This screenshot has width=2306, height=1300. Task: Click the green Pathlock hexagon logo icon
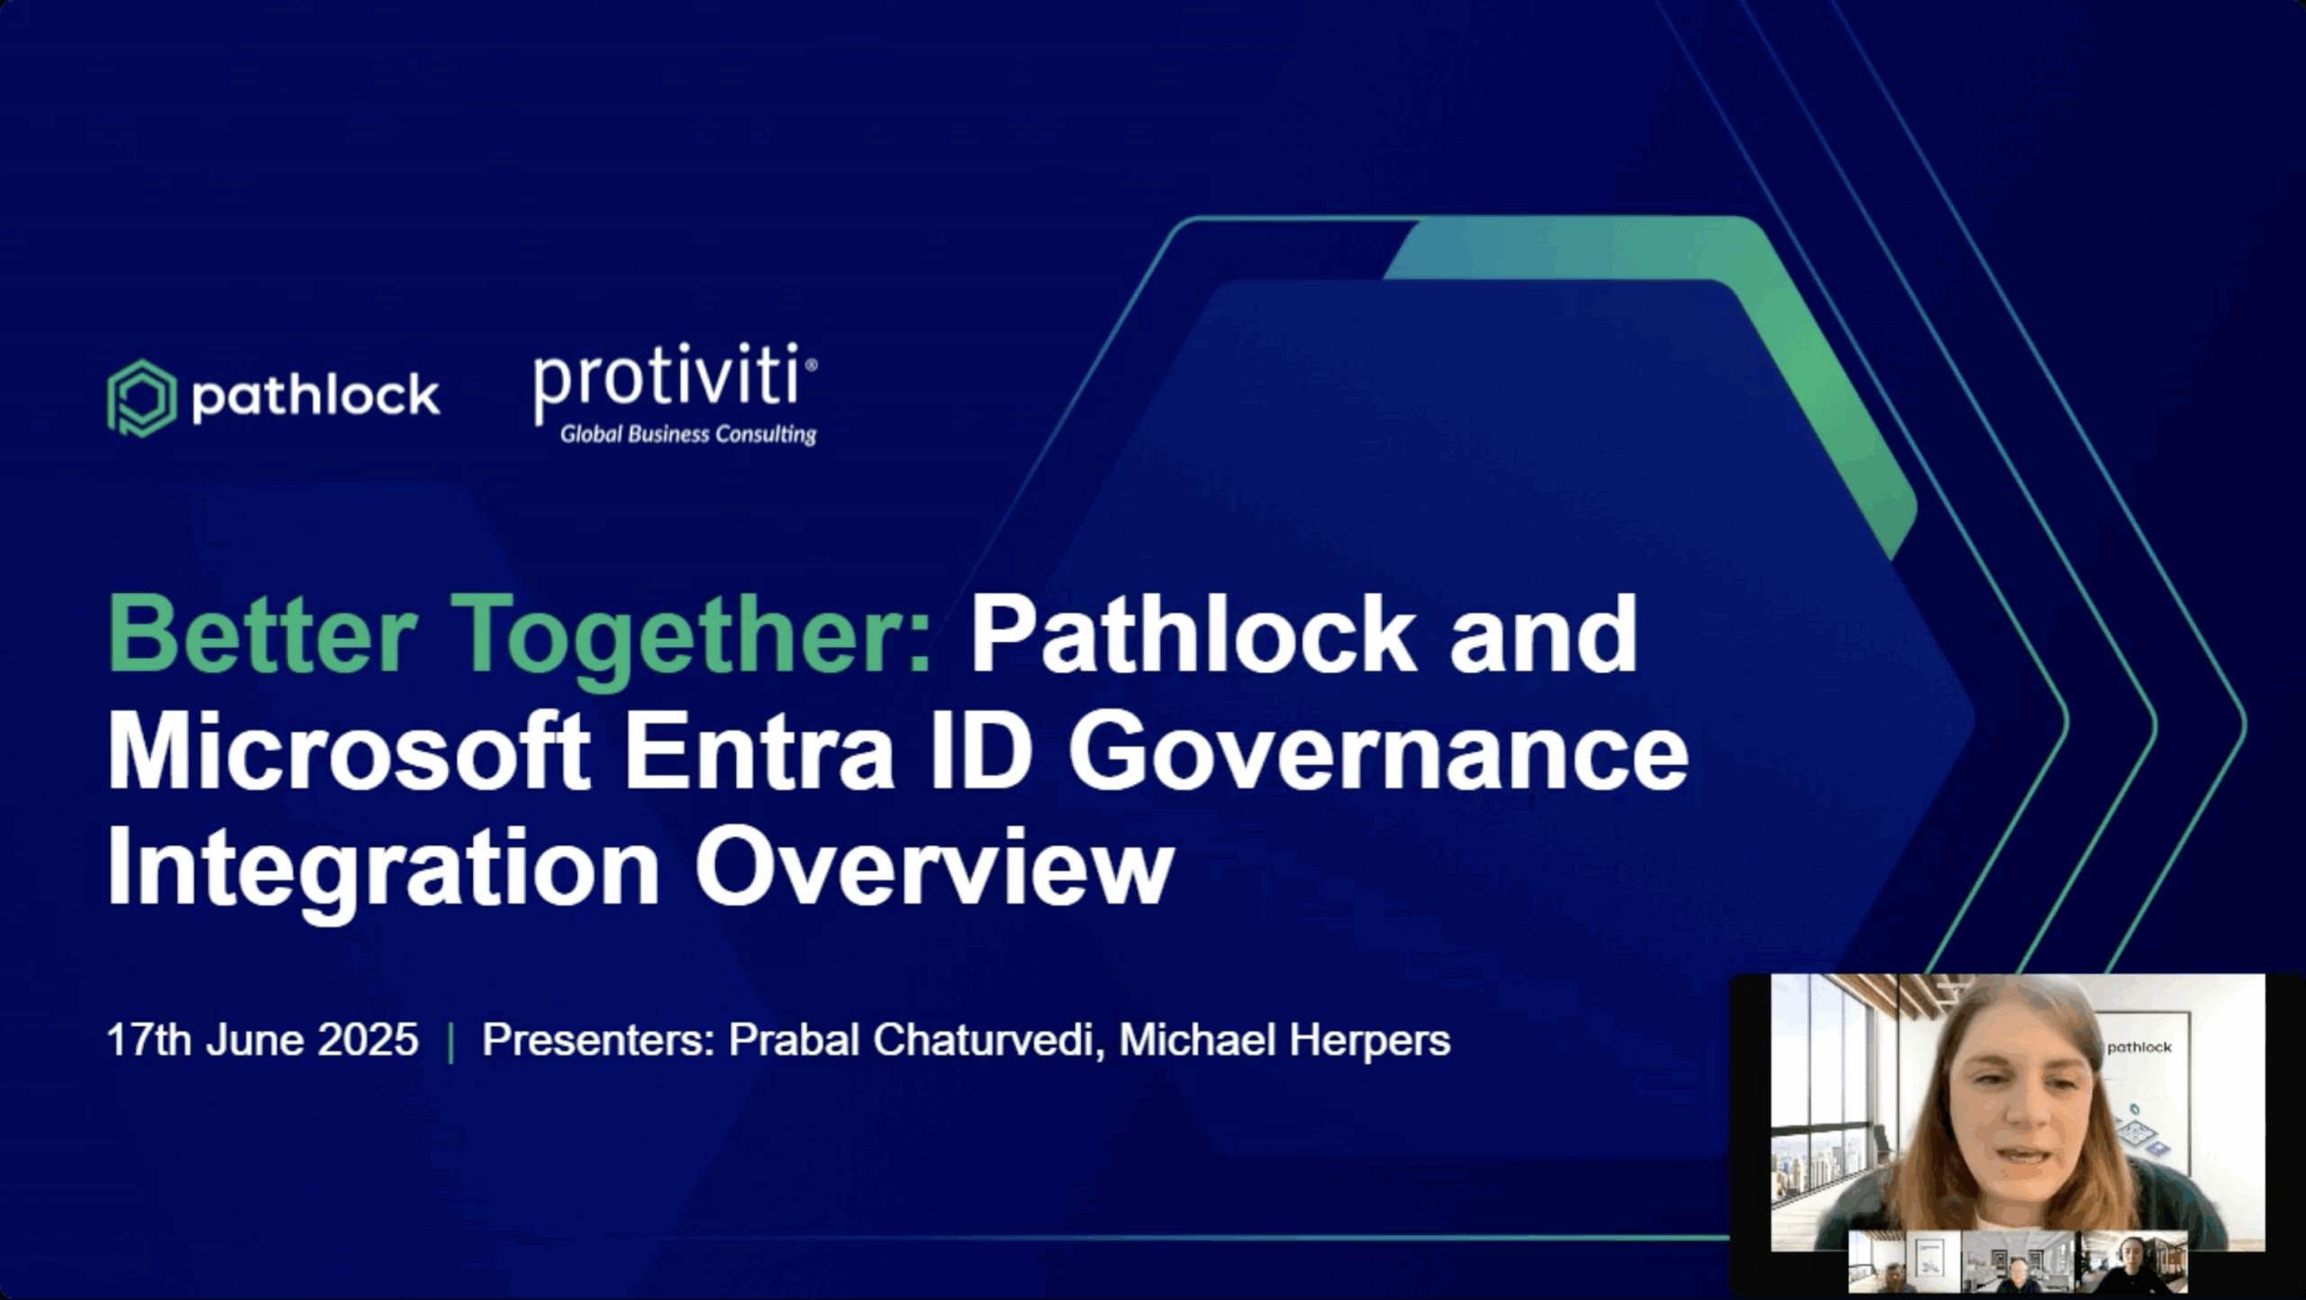(x=141, y=398)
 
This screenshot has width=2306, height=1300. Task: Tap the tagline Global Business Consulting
(x=688, y=434)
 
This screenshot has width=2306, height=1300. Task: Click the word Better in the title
(x=262, y=634)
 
